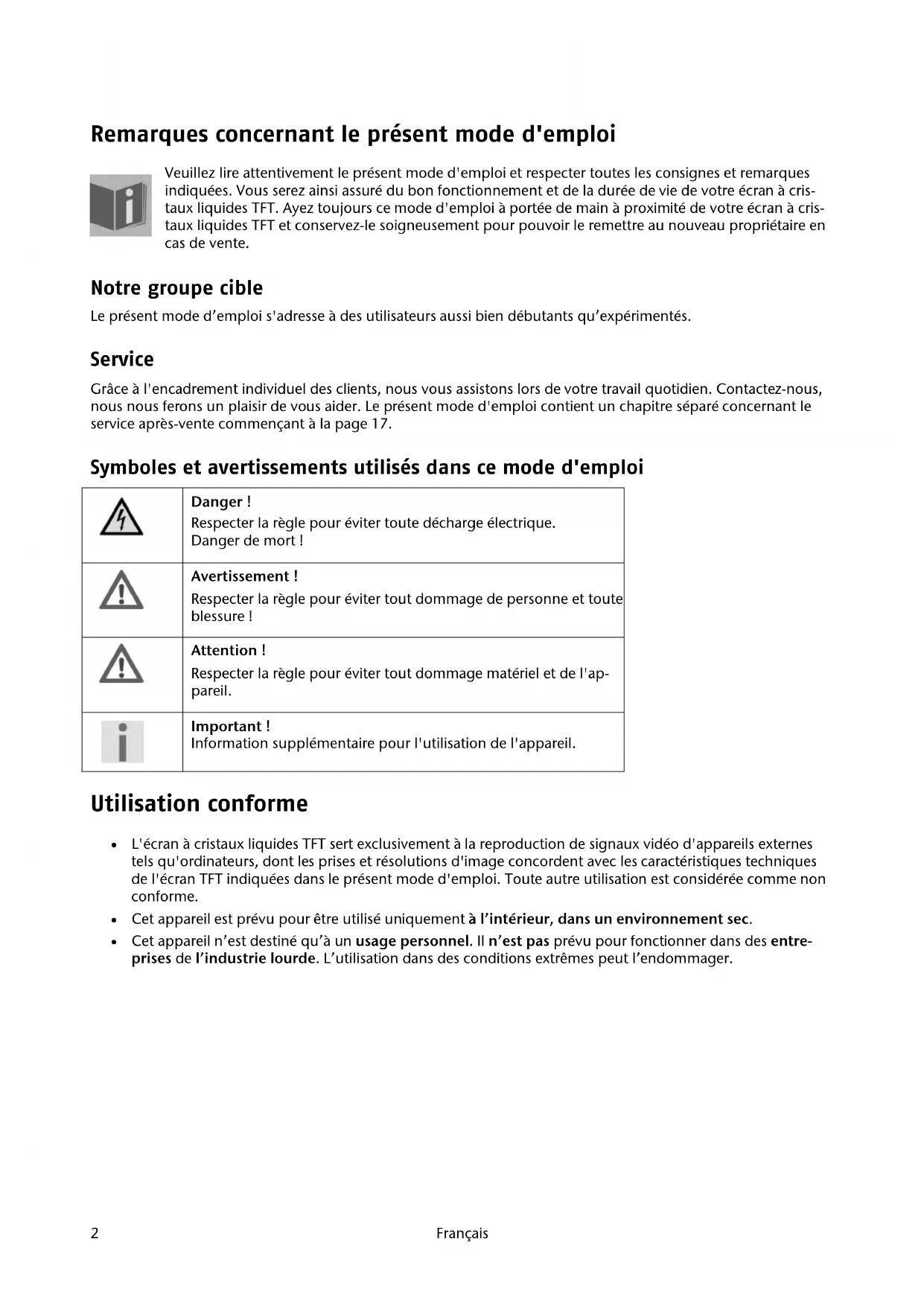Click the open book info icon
121,205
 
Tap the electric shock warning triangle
121,517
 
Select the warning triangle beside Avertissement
121,591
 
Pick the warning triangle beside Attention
121,665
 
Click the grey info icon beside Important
123,742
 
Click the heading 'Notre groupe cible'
176,288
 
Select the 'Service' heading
122,360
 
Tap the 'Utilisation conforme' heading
199,803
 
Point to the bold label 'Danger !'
220,502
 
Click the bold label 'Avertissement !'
244,576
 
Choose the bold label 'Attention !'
228,650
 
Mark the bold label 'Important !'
230,726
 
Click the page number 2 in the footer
95,1233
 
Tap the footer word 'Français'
462,1233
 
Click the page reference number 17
379,424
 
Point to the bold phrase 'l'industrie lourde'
255,958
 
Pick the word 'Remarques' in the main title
149,135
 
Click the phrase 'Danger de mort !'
246,541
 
